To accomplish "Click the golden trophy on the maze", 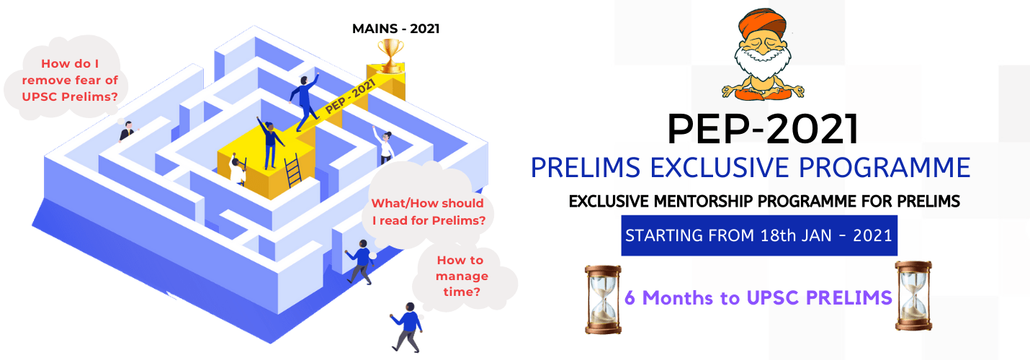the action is point(391,56).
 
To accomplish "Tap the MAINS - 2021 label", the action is point(396,29).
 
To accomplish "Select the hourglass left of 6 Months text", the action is point(603,300).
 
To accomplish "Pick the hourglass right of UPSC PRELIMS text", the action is point(913,296).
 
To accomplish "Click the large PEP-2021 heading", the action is point(763,129).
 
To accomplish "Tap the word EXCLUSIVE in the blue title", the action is point(720,167).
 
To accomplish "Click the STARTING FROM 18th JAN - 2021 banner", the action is point(759,235).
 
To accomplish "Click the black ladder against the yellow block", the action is point(292,171).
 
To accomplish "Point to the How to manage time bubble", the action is point(465,276).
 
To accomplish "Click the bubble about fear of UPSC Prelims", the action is point(67,78).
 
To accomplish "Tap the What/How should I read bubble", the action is point(429,208).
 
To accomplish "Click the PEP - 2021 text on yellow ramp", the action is point(350,96).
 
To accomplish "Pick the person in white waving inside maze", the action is point(384,145).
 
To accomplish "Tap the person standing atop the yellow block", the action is point(269,143).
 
